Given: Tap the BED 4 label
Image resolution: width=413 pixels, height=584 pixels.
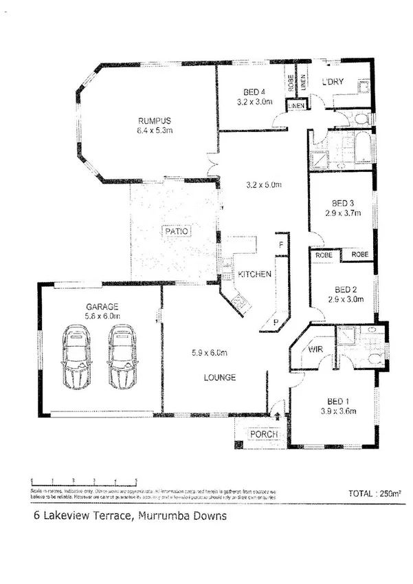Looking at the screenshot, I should pos(254,92).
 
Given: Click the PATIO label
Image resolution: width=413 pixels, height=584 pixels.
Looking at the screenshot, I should pos(175,231).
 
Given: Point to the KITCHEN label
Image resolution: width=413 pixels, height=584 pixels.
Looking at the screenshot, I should pos(254,274).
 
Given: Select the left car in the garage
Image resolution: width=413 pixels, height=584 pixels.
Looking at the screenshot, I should pos(76,356).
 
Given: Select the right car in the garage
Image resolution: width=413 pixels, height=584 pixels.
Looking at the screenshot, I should pos(123,356).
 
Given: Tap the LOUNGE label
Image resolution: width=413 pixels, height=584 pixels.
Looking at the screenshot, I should pos(220,378).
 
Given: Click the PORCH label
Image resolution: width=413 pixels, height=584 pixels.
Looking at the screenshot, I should pos(263,435).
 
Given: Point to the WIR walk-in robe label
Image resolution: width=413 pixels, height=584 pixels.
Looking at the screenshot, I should pos(315,350).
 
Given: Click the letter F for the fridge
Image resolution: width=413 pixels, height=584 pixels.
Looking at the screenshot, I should pos(280,244).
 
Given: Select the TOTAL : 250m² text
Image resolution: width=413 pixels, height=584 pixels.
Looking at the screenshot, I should pos(375,494).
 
